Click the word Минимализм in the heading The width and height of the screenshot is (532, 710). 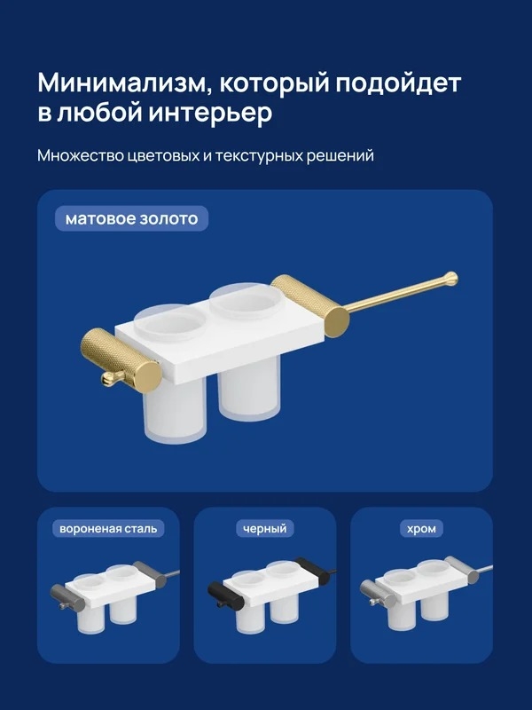pos(122,83)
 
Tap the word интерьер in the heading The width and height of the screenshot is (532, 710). pos(210,113)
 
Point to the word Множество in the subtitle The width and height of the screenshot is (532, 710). pos(81,156)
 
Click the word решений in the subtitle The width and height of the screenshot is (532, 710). pos(340,156)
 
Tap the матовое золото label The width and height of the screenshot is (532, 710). pos(131,218)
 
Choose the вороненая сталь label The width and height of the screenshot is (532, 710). pos(108,528)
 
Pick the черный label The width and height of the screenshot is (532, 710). pos(264,528)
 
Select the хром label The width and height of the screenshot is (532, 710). pos(421,528)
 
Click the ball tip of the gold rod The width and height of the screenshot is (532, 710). pos(450,279)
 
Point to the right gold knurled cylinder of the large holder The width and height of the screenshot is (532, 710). pos(310,306)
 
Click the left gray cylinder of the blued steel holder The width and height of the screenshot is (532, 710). pos(67,596)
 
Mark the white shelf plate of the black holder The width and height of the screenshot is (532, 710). pos(271,586)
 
